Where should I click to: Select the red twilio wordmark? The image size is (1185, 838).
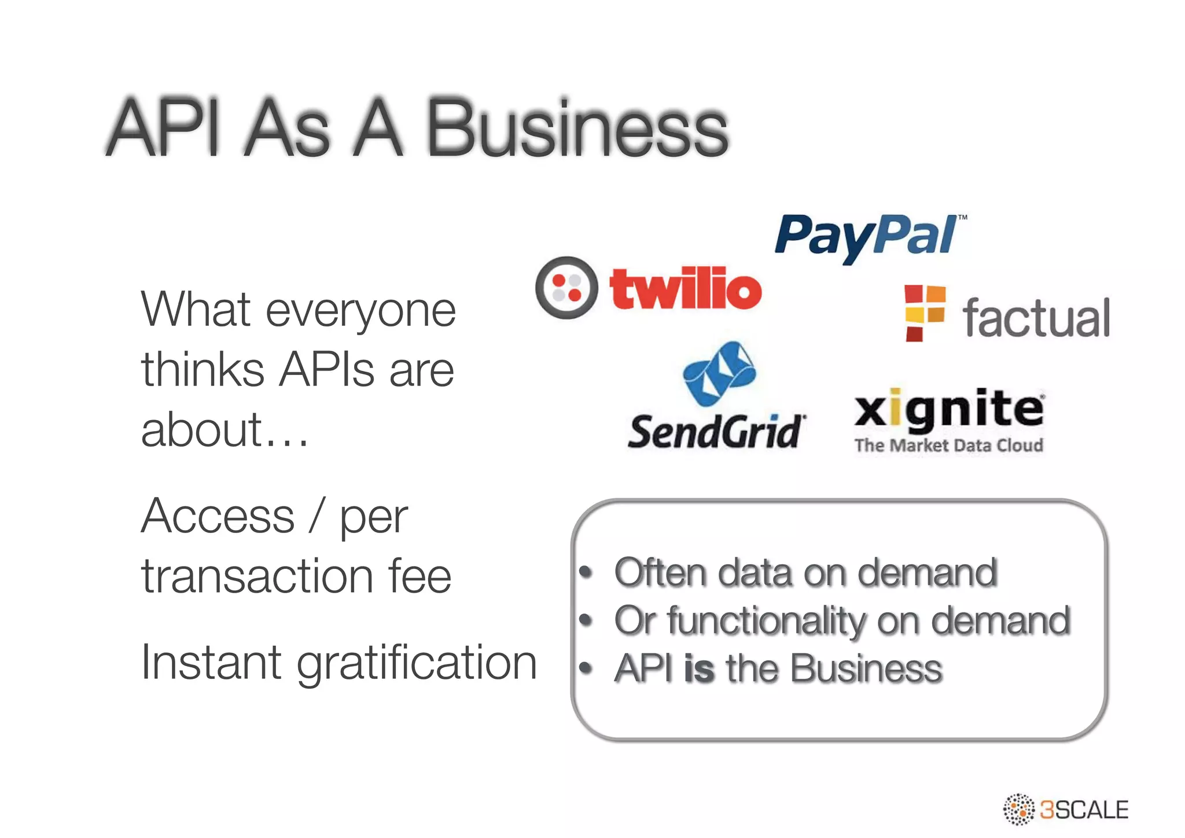pyautogui.click(x=686, y=288)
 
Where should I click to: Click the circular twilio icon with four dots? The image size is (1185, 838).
pyautogui.click(x=566, y=288)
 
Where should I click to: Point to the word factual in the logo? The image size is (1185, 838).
pyautogui.click(x=1036, y=318)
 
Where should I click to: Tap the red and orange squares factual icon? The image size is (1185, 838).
pyautogui.click(x=925, y=313)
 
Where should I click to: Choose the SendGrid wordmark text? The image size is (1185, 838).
pyautogui.click(x=716, y=432)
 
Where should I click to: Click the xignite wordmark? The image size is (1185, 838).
pyautogui.click(x=949, y=410)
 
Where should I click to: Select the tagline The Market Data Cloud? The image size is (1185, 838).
pyautogui.click(x=949, y=445)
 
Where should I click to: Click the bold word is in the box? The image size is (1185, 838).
pyautogui.click(x=699, y=668)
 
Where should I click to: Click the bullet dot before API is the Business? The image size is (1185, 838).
pyautogui.click(x=586, y=669)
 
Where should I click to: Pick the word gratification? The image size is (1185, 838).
pyautogui.click(x=417, y=663)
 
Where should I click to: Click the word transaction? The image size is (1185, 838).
pyautogui.click(x=257, y=576)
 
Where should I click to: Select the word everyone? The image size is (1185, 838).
pyautogui.click(x=360, y=311)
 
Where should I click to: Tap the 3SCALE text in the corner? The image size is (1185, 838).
pyautogui.click(x=1084, y=810)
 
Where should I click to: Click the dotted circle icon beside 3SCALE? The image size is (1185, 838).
pyautogui.click(x=1018, y=809)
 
